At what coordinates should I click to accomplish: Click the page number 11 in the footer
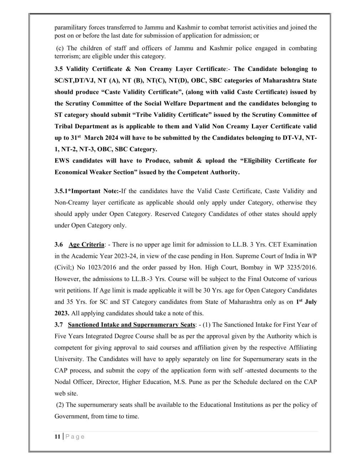coord(57,436)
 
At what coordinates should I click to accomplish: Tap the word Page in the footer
coord(75,436)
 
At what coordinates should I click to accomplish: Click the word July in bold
coord(310,302)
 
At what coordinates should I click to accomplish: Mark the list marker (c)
coord(60,48)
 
